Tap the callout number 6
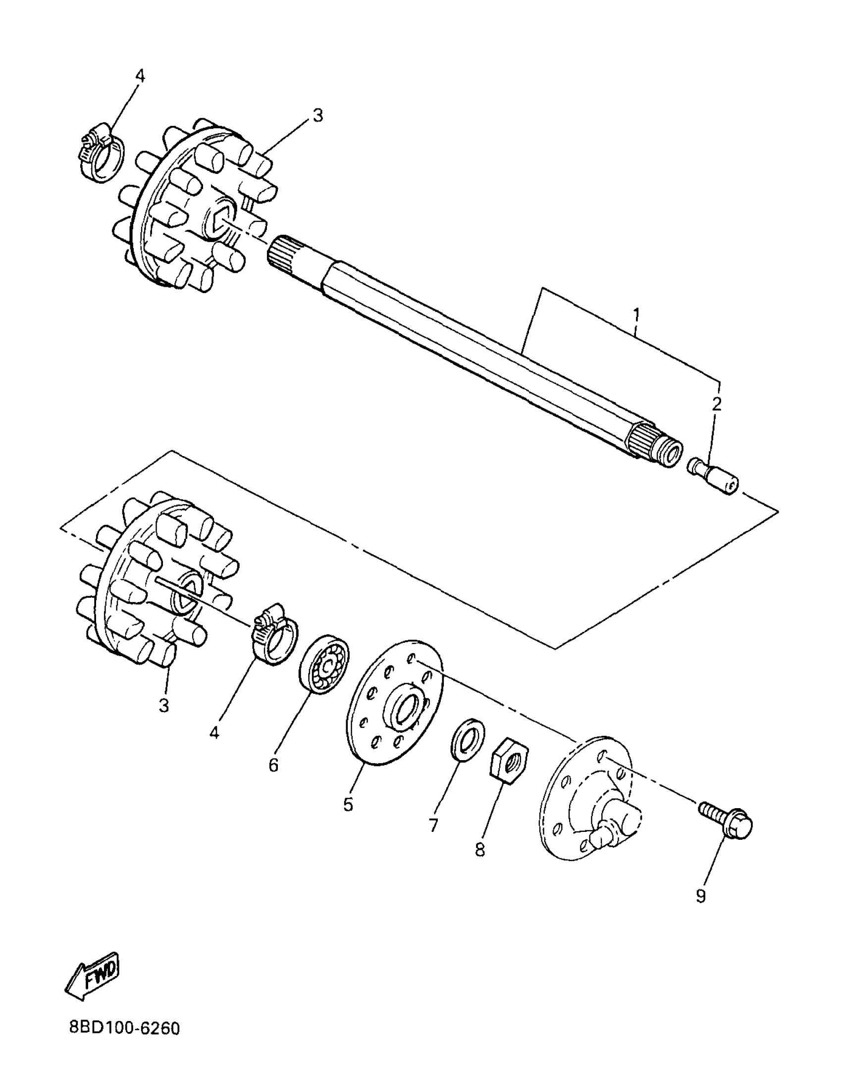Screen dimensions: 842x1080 [x=273, y=765]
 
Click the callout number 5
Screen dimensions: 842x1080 [x=348, y=805]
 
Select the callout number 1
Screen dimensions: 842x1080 [x=636, y=314]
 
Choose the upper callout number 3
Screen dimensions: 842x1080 [x=317, y=115]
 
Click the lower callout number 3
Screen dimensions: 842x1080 [x=164, y=705]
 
